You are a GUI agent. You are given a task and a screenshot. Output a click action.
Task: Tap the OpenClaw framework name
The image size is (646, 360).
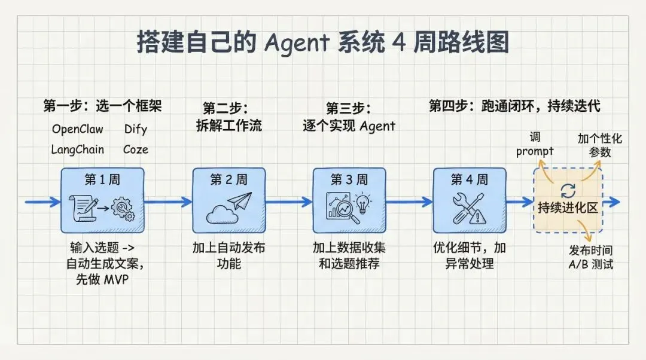click(77, 129)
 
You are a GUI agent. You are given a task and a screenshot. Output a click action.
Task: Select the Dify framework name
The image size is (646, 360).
click(136, 129)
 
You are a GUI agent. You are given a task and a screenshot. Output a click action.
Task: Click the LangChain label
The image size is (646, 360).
click(77, 150)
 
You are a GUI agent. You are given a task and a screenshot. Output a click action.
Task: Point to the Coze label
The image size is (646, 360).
click(136, 150)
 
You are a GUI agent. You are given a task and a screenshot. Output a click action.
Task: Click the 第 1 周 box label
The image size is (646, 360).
click(102, 180)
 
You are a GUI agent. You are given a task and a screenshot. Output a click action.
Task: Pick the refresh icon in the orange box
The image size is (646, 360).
click(567, 191)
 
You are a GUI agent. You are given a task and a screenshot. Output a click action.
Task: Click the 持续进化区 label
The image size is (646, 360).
click(568, 208)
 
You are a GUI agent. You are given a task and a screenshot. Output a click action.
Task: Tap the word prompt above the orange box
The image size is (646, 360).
click(535, 151)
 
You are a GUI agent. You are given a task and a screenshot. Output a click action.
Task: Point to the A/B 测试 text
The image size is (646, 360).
click(591, 264)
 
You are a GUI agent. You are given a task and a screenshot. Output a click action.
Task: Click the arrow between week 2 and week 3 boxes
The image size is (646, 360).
click(288, 202)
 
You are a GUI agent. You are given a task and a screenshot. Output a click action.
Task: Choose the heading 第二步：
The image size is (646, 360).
click(226, 108)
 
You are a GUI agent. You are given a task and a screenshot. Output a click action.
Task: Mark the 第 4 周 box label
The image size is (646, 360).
click(470, 179)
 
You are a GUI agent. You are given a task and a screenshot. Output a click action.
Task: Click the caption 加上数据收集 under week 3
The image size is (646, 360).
click(349, 248)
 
